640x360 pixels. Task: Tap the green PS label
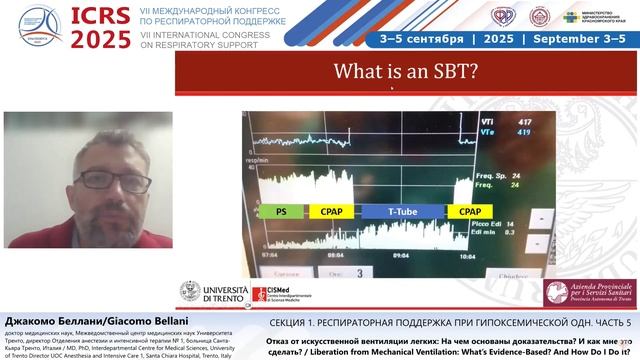tap(281, 212)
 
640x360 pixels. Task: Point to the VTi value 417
tap(524, 122)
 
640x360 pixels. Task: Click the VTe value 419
tap(524, 132)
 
